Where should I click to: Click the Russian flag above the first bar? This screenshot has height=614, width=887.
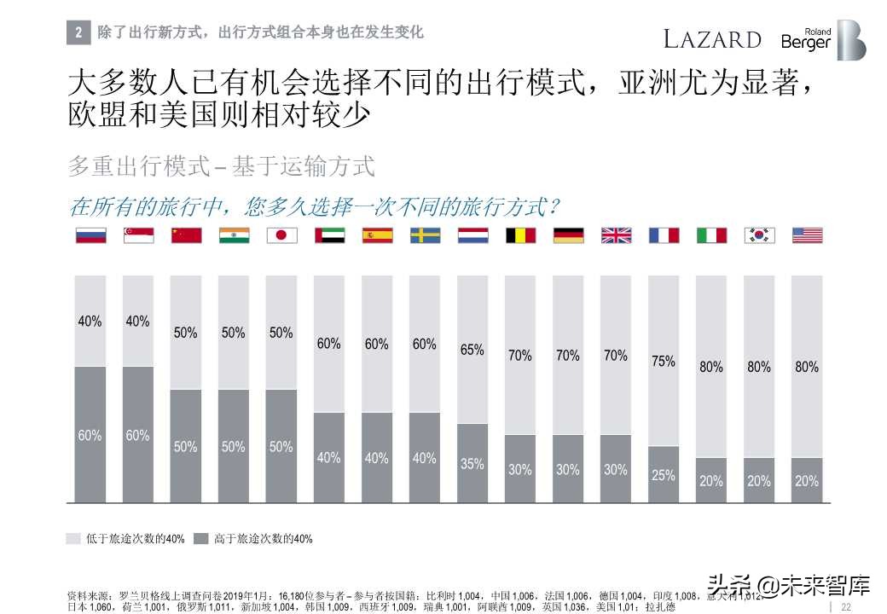(90, 235)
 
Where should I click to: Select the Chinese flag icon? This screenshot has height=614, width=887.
(186, 235)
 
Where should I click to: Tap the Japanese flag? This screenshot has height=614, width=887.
(281, 235)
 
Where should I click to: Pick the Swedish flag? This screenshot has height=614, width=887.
(425, 235)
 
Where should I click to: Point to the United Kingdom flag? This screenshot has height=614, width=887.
(616, 235)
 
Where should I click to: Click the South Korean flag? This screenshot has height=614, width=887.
(759, 235)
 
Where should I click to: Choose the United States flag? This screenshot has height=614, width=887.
(807, 235)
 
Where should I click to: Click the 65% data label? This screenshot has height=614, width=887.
(472, 350)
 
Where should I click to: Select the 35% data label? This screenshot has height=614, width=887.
(472, 464)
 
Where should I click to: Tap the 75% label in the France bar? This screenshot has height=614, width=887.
(664, 362)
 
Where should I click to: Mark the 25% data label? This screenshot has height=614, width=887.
(664, 475)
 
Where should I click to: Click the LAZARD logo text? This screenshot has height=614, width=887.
(712, 39)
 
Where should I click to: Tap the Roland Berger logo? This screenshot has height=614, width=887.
(823, 40)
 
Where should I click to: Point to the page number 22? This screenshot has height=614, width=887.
(846, 606)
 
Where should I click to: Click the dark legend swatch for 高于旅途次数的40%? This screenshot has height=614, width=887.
(201, 539)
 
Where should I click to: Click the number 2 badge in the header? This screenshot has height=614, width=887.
(78, 33)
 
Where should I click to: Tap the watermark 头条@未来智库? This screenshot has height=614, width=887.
(788, 586)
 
